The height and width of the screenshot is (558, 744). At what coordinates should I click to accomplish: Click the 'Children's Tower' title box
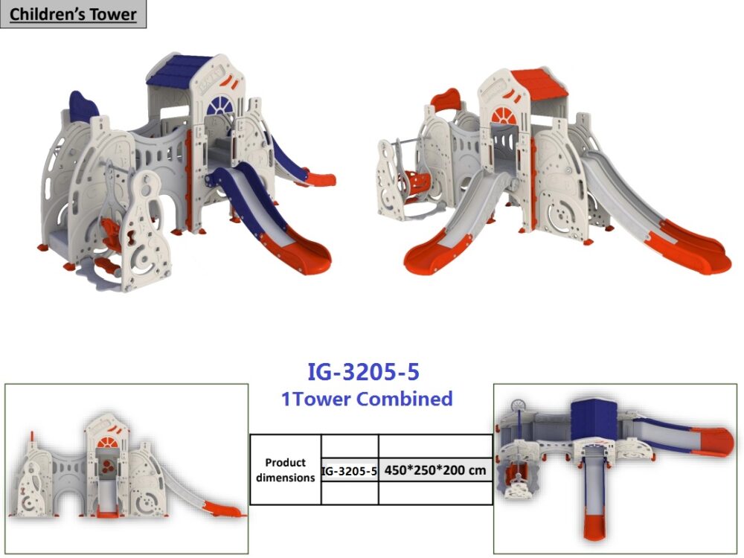[x=73, y=13]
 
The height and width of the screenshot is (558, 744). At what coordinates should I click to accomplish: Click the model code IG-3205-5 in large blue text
[x=364, y=372]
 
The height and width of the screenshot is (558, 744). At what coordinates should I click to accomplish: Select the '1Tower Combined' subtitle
[x=367, y=399]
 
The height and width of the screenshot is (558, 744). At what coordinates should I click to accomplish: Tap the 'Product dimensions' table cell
[x=285, y=469]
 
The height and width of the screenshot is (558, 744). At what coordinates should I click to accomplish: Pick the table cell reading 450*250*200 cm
[x=435, y=470]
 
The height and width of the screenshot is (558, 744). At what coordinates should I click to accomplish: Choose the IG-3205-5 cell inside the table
[x=349, y=471]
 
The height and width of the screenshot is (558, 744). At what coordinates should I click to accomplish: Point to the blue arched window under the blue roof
[x=220, y=106]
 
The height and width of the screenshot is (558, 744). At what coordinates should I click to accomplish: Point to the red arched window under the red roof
[x=504, y=116]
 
